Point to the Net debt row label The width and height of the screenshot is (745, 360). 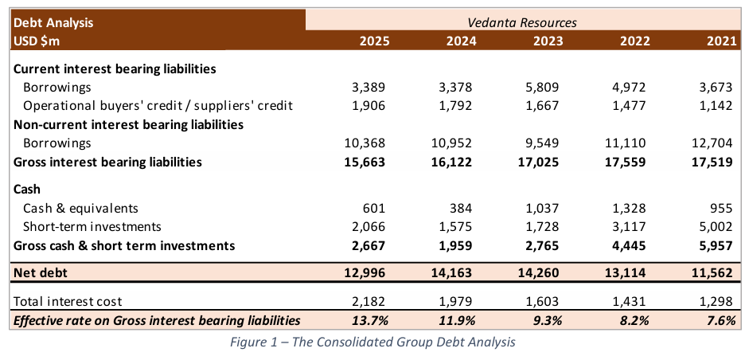coord(41,273)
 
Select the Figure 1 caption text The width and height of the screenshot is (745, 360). coord(372,342)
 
